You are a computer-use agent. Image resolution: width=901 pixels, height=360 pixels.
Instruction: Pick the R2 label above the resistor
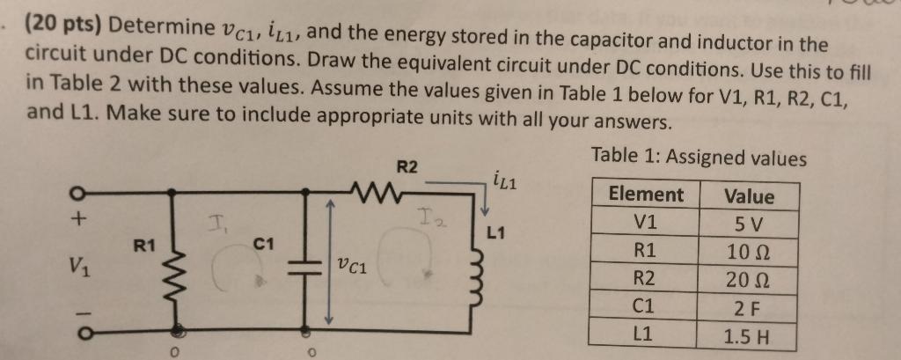point(407,165)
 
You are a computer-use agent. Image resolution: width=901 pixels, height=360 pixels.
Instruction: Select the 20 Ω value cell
point(748,281)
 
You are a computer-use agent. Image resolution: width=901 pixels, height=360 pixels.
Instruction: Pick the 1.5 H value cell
point(748,337)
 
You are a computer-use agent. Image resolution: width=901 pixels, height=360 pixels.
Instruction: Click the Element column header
point(646,195)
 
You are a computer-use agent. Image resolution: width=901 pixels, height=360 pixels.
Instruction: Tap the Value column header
point(749,196)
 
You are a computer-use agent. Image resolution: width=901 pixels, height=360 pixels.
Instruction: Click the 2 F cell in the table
point(748,309)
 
